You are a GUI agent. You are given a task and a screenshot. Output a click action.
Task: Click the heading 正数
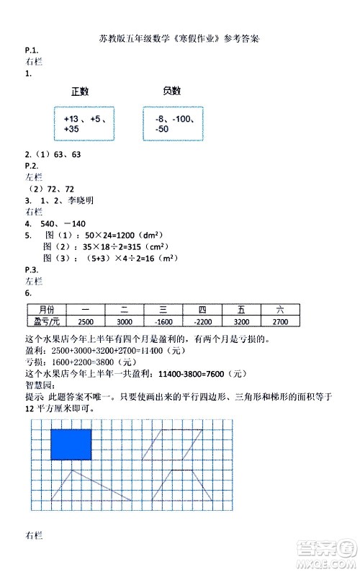pyautogui.click(x=80, y=91)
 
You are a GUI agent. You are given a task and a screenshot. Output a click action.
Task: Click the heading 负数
pyautogui.click(x=171, y=91)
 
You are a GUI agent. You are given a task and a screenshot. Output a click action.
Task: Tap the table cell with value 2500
pyautogui.click(x=85, y=321)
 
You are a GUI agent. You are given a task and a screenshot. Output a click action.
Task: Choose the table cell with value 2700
pyautogui.click(x=280, y=321)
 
